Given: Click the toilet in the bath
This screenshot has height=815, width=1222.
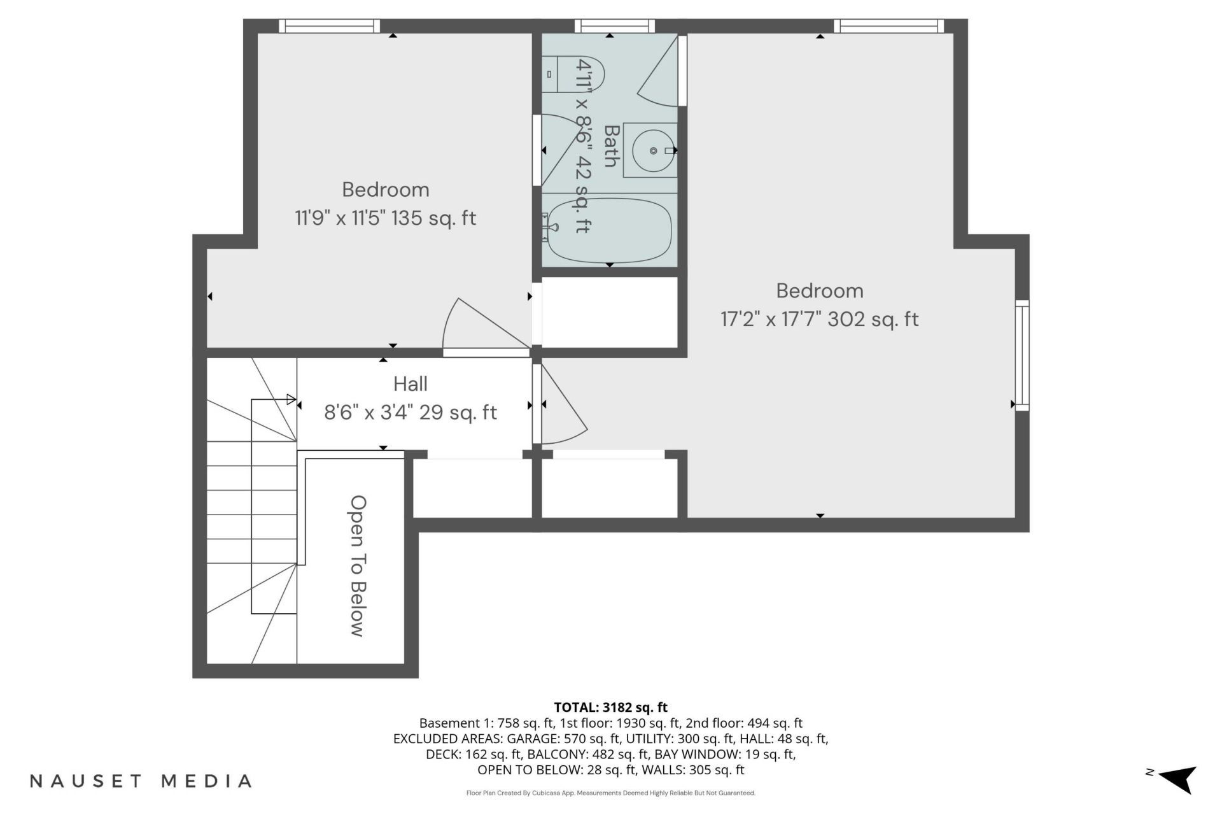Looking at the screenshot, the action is coord(572,74).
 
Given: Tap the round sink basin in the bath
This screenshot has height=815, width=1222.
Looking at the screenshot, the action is coord(654,150).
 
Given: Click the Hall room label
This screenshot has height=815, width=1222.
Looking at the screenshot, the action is coord(411,384).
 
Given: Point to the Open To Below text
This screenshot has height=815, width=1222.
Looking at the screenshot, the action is coord(358,566).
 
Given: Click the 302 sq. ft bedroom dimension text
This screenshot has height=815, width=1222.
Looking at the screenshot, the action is coord(820,318).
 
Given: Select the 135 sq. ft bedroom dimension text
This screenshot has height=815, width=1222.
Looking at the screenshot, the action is coord(385,218).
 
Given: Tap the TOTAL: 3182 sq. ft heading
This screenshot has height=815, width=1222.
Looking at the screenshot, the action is coord(610,707).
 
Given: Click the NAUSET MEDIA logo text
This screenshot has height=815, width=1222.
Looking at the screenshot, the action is coord(141,781).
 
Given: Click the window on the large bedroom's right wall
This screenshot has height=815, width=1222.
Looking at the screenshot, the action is coord(1022,355).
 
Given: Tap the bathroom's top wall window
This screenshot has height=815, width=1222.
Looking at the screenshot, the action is coord(614,26).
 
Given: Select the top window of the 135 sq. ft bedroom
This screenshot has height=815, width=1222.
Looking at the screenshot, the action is coord(329,26).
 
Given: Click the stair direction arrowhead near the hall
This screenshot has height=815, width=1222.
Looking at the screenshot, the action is coord(291,400).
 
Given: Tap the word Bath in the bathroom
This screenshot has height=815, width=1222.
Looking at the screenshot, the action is coord(611,146).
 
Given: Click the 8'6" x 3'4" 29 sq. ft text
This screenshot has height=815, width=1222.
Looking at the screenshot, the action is coord(411,413).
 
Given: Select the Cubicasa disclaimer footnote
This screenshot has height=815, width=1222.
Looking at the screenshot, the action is coord(610,793).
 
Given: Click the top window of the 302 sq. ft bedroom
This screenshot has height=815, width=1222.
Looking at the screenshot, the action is coord(889,26).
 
